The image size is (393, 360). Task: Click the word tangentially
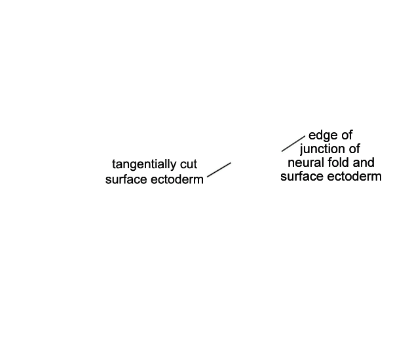coord(144,165)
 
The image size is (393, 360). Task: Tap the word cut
coord(189,164)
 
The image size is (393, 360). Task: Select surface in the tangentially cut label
coord(126,179)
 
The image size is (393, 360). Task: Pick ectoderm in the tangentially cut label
coord(177,179)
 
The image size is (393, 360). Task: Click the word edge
coord(323,135)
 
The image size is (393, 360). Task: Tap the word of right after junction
coord(354,149)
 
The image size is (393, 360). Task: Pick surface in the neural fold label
coord(301,176)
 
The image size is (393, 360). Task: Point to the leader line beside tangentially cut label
coord(219,170)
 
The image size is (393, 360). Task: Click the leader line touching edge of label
coord(293,143)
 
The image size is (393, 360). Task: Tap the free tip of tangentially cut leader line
coord(231,163)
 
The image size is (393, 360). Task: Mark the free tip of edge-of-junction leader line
coord(282,151)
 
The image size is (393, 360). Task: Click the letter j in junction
coord(301,150)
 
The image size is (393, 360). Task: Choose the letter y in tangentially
coord(174,166)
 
